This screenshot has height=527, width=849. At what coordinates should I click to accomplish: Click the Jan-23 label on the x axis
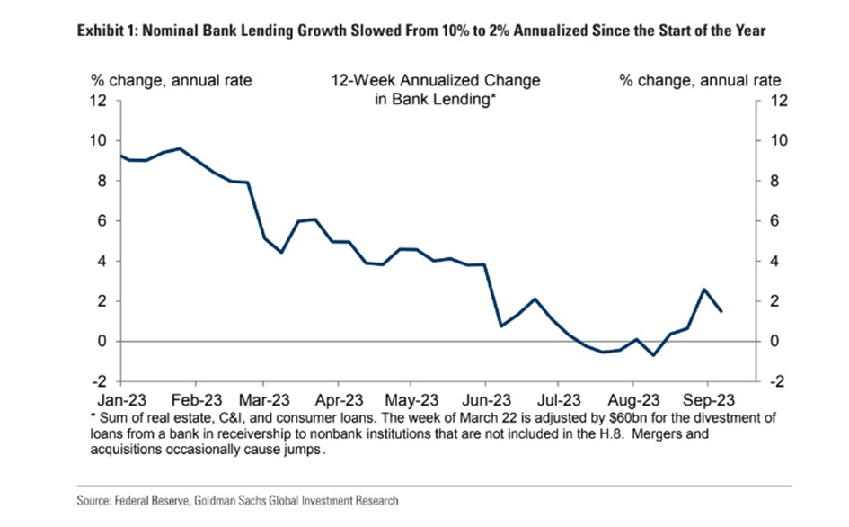coord(120,398)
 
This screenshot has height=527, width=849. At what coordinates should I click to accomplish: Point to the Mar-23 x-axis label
coord(265,398)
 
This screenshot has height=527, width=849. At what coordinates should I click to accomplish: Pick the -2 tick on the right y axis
coord(778,381)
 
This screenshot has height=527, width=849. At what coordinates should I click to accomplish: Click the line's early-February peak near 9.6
coord(181,148)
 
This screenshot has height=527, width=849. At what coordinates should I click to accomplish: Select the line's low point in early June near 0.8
coord(501,326)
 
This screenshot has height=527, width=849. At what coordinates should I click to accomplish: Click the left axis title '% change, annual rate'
coord(170,80)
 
